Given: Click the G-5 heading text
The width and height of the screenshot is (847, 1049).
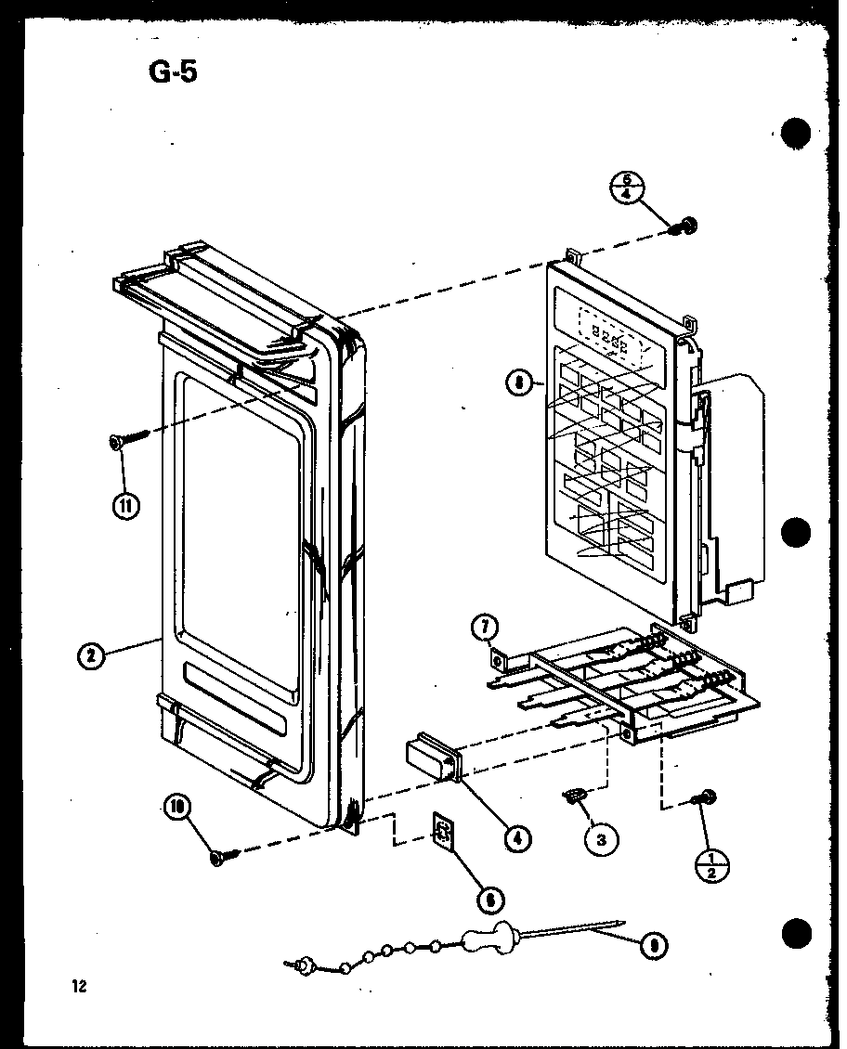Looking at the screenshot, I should coord(173,71).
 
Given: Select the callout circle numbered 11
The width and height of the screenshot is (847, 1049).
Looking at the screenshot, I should coord(125,505).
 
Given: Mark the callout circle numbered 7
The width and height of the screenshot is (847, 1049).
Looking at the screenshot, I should coord(485,628).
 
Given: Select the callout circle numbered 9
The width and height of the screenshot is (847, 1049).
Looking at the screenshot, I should coord(656,945).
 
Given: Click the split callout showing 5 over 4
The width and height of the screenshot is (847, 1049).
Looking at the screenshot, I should coord(628,188).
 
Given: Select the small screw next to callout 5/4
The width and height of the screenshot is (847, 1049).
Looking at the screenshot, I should coord(686,226).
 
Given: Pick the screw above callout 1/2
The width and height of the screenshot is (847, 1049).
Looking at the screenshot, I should coord(705,796).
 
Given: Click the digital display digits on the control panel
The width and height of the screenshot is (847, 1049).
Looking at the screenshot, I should coord(608,344).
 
